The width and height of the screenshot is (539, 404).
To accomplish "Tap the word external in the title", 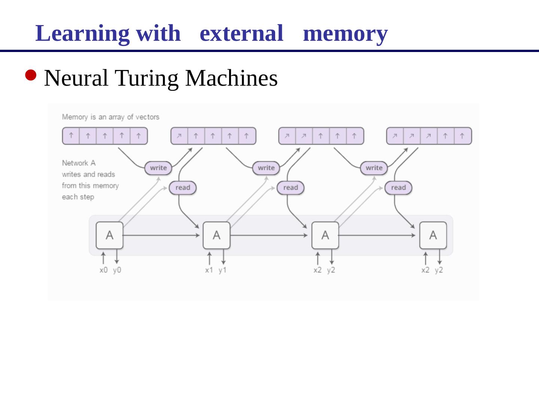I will tap(241, 33).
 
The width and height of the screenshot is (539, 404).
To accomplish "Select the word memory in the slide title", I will tap(345, 33).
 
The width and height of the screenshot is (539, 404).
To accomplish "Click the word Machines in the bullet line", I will tap(231, 78).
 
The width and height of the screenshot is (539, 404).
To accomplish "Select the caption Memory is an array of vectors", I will tap(110, 117).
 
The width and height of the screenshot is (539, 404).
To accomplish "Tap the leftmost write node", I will tap(158, 168).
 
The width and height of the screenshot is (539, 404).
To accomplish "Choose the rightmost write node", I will tap(374, 168).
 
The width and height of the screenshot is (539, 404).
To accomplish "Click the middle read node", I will tap(290, 188).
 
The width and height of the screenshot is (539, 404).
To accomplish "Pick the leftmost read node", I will tap(183, 188).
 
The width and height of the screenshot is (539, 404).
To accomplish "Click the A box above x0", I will tap(109, 235).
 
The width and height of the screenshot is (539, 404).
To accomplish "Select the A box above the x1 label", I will tap(216, 235).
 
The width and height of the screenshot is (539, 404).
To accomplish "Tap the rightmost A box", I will tap(433, 235).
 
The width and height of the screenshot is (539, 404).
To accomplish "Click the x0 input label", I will tap(104, 270).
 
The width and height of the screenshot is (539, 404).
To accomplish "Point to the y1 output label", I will tap(223, 270).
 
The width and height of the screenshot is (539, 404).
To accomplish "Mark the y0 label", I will tap(117, 270).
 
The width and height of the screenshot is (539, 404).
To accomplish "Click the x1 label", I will tap(209, 270).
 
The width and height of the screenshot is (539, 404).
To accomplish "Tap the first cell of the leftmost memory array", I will tap(71, 136).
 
